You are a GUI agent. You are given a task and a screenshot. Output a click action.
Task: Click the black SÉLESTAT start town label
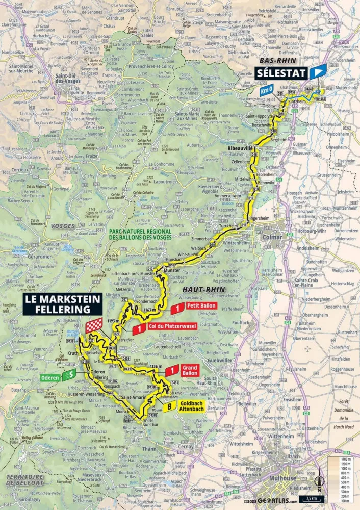[281, 73]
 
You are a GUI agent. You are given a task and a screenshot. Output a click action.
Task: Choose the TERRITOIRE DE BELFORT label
[24, 478]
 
